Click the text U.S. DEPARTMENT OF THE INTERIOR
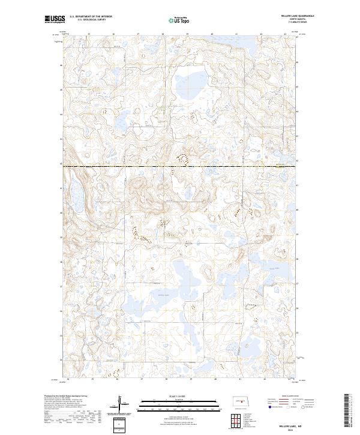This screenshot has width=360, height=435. click(91, 16)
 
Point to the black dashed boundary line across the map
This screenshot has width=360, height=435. click(180, 166)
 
